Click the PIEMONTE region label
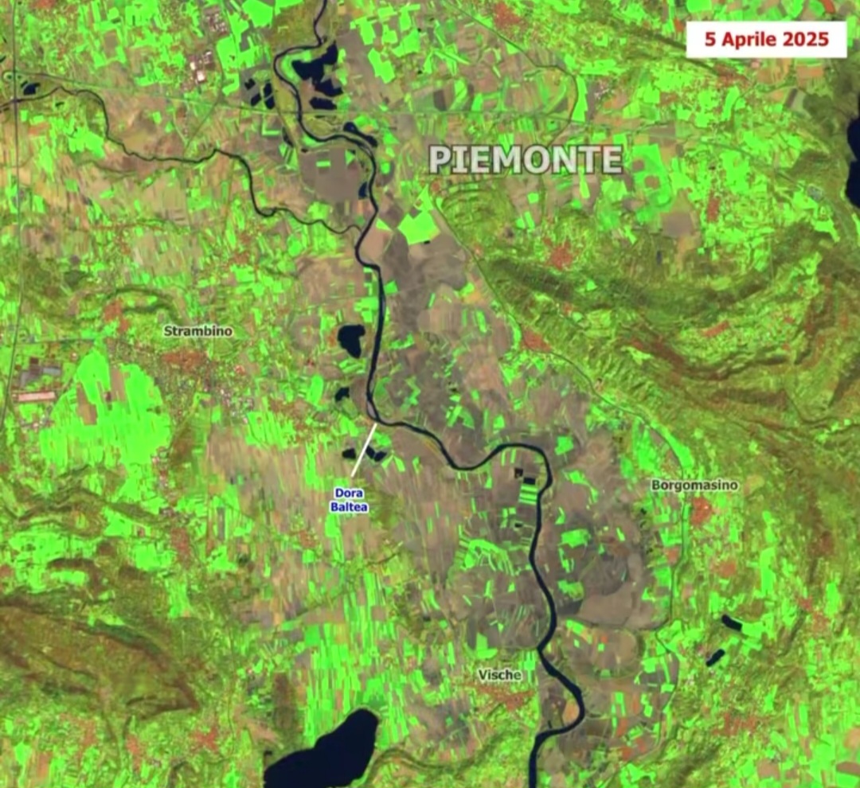click(526, 160)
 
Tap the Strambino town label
click(199, 330)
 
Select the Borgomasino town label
click(695, 485)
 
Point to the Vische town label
click(500, 675)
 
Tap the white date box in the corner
click(766, 39)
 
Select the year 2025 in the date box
click(806, 39)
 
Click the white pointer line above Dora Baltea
click(365, 450)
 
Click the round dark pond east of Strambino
click(351, 339)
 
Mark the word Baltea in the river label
click(350, 505)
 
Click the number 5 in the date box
click(709, 39)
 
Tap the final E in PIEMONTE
click(612, 160)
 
